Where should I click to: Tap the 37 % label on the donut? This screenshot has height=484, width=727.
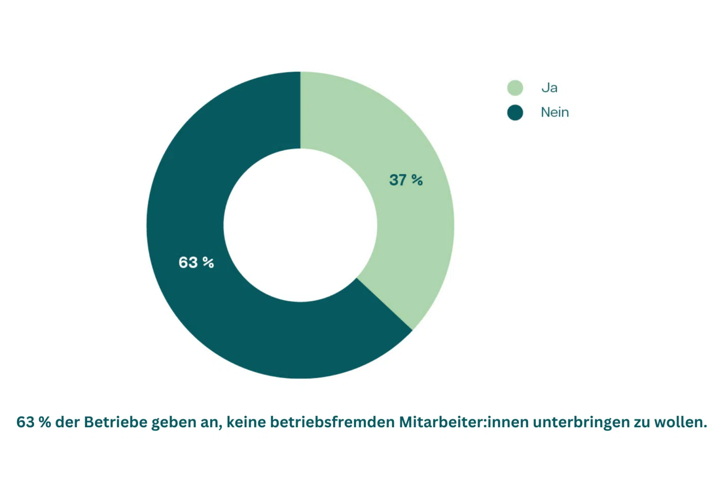pos(406,180)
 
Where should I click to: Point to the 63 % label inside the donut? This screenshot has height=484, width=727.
pos(196,262)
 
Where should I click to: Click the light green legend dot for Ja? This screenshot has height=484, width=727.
pos(515,88)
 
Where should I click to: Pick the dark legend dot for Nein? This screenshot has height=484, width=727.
pos(515,112)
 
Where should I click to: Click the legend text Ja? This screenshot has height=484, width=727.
pos(550,88)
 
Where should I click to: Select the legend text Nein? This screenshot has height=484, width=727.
pos(555,112)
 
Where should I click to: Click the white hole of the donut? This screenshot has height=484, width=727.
pos(301,225)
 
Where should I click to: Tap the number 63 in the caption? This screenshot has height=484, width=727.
pos(26,422)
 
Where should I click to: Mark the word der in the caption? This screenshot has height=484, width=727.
pos(67,422)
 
